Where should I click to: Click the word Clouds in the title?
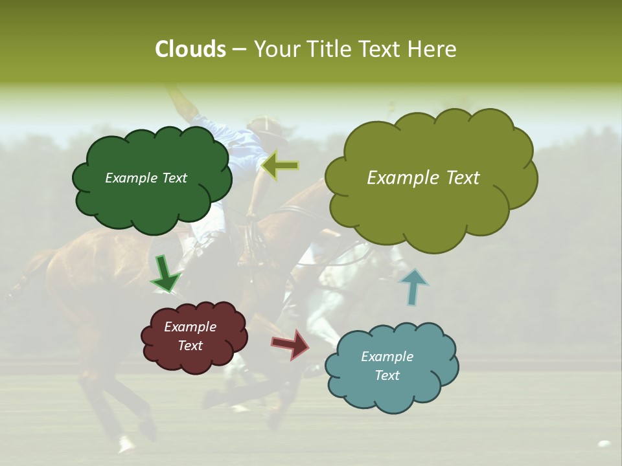coord(190,49)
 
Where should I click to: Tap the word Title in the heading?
coord(328,49)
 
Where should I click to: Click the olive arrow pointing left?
coord(280,166)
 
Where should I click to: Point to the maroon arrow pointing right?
coord(291,344)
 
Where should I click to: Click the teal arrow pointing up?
coord(413,287)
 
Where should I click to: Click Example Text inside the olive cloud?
coord(423,178)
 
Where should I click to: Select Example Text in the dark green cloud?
coord(146,178)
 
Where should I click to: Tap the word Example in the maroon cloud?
coord(190,327)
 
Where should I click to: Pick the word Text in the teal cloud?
coord(387,375)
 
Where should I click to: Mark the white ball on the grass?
coord(604,444)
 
